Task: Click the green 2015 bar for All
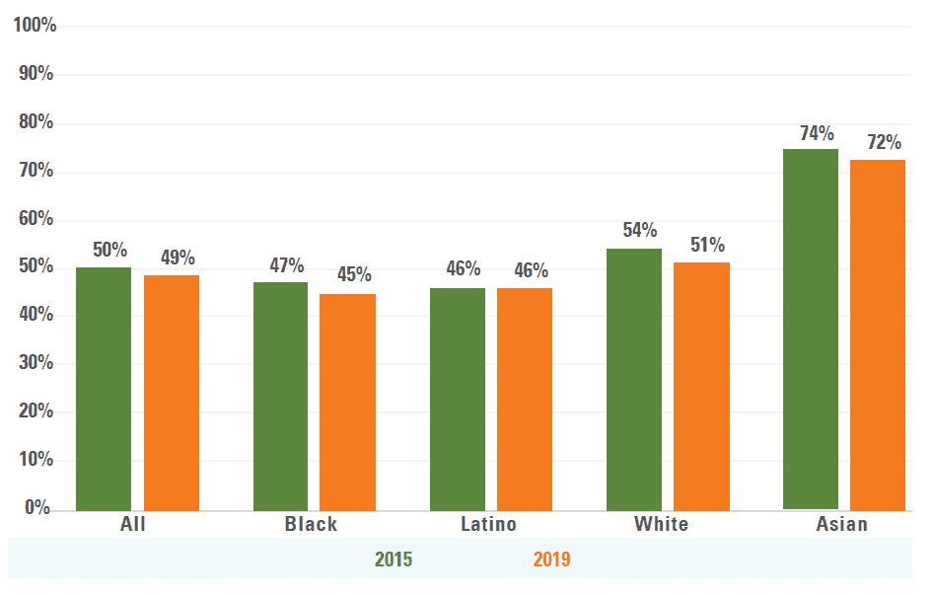tap(104, 389)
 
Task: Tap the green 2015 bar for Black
tap(280, 396)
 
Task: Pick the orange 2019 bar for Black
tap(347, 402)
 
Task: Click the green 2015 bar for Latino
tap(458, 399)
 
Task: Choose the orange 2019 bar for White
tap(701, 386)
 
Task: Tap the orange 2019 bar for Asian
tap(878, 335)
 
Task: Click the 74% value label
tap(817, 134)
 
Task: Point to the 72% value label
tap(884, 143)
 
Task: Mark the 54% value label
tap(640, 231)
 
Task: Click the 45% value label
tap(354, 275)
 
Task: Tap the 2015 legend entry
tap(394, 560)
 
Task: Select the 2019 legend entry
tap(551, 560)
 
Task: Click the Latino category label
tap(488, 524)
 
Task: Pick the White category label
tap(661, 524)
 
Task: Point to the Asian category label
tap(841, 524)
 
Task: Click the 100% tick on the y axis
tap(35, 26)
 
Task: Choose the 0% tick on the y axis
tap(37, 508)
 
